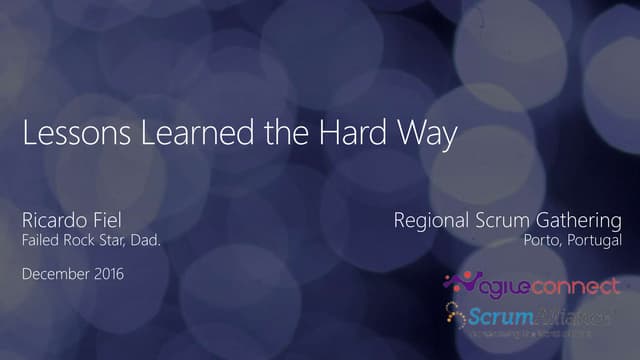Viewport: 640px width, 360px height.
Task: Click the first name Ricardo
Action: coord(52,220)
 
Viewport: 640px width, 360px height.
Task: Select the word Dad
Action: coord(148,241)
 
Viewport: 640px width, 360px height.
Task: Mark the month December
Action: coord(54,274)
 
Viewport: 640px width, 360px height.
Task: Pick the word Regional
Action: coord(431,220)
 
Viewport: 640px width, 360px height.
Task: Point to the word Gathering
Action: coord(579,220)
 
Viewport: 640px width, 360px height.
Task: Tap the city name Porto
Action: coord(545,241)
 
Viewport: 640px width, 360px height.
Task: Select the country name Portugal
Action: coord(595,241)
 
